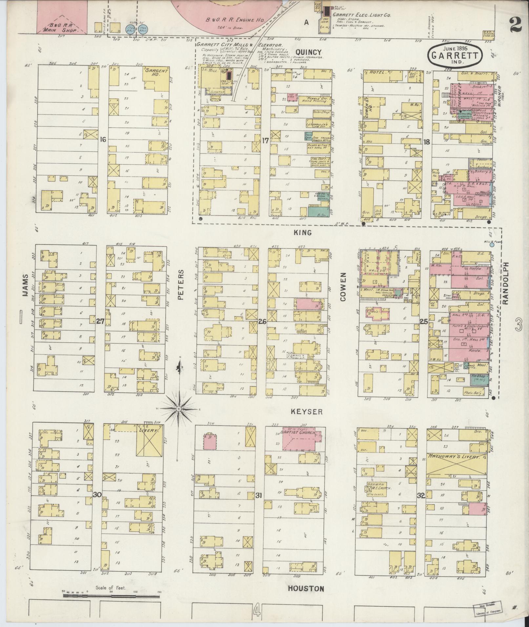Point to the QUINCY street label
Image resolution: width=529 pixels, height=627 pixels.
pos(308,52)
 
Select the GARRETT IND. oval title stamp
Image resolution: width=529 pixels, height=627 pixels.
pos(455,55)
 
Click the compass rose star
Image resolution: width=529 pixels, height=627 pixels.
pos(179,409)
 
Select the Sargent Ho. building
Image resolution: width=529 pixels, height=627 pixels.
pos(156,78)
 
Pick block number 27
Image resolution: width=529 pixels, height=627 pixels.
pos(100,322)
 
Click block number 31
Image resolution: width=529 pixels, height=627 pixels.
pos(259,504)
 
